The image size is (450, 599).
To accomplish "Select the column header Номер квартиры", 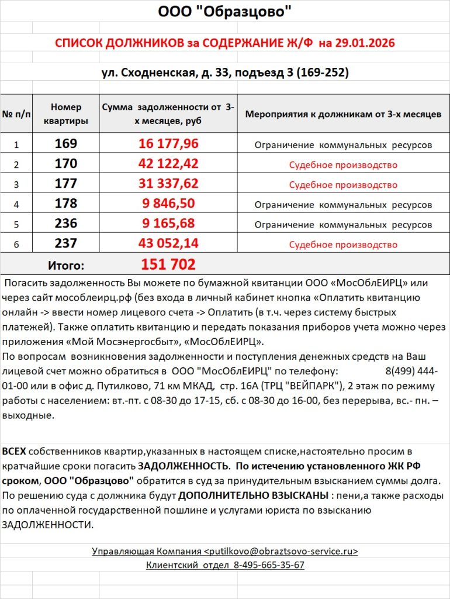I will pyautogui.click(x=66, y=114).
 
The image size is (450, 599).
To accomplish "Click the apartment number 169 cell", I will pyautogui.click(x=66, y=144).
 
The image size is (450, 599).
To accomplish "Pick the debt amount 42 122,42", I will pyautogui.click(x=168, y=164).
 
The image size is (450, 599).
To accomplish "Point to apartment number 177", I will pyautogui.click(x=66, y=184).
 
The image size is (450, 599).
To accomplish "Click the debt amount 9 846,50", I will pyautogui.click(x=168, y=204).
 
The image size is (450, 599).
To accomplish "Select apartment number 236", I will pyautogui.click(x=66, y=225).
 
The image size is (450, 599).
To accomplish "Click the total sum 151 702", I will pyautogui.click(x=168, y=264).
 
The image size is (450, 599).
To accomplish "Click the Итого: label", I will pyautogui.click(x=65, y=265).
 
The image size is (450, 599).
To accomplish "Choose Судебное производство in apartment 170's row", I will pyautogui.click(x=343, y=165).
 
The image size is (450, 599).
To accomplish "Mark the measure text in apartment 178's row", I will pyautogui.click(x=343, y=205).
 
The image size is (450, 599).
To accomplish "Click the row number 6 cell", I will pyautogui.click(x=16, y=245).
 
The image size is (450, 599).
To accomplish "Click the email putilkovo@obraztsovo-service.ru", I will pyautogui.click(x=281, y=551).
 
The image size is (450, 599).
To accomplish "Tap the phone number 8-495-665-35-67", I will pyautogui.click(x=269, y=565).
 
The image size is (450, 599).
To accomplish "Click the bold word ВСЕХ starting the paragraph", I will pyautogui.click(x=14, y=452).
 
